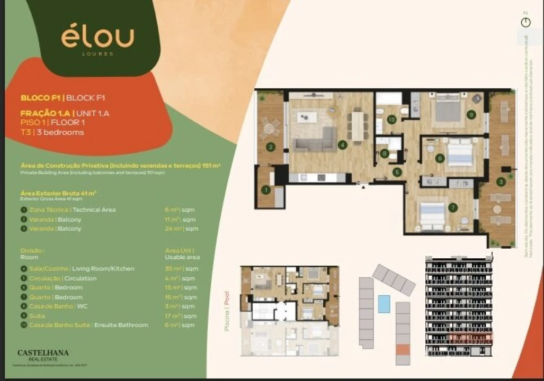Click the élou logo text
[x=97, y=37]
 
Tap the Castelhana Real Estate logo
[x=43, y=355]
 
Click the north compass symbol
[x=525, y=22]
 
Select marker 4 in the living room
[x=343, y=144]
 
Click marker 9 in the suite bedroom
[x=470, y=114]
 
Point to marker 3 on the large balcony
[x=501, y=182]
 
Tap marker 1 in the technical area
[x=265, y=189]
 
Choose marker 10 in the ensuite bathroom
[x=391, y=120]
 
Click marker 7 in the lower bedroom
[x=452, y=207]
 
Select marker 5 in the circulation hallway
[x=397, y=171]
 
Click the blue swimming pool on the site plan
[x=384, y=304]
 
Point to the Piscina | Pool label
[x=227, y=311]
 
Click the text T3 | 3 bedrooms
[x=52, y=132]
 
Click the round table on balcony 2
[x=270, y=128]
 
